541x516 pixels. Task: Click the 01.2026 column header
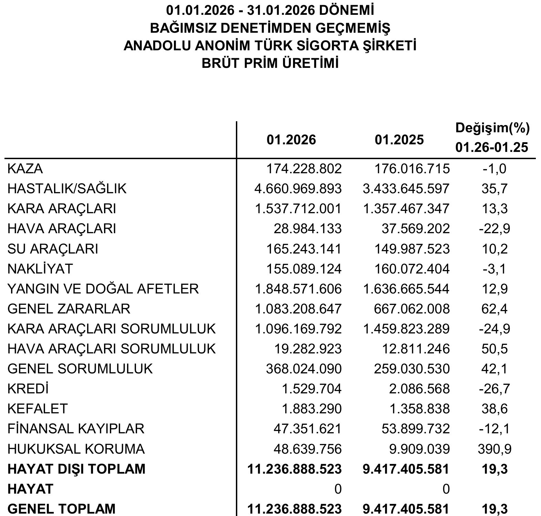coord(291,140)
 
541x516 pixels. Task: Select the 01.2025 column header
coord(399,140)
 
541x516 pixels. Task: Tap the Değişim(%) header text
coord(492,128)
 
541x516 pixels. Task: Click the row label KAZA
coord(25,169)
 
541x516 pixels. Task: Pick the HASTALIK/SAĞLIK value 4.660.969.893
coord(298,189)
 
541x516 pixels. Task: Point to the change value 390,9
coord(495,449)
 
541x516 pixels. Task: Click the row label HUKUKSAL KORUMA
coord(76,449)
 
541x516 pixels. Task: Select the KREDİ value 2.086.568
coord(416,389)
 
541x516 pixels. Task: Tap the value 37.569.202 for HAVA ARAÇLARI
coord(416,229)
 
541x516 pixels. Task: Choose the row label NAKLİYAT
coord(40,269)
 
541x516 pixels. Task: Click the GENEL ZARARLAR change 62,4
coord(495,309)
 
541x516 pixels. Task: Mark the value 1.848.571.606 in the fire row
coord(298,289)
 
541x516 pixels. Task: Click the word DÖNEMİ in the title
coord(347,10)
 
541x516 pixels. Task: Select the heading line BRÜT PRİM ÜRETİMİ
coord(270,63)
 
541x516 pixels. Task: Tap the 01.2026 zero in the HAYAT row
coord(338,489)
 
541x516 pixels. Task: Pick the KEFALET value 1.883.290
coord(312,409)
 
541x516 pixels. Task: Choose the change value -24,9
coord(495,329)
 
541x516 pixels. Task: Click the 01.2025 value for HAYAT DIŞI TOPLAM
coord(406,469)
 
